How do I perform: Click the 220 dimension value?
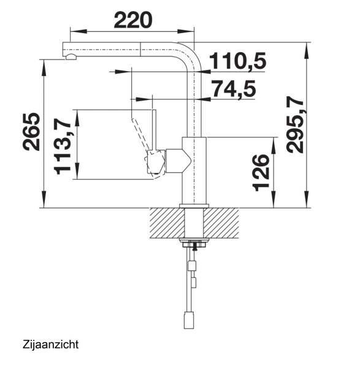(x=132, y=21)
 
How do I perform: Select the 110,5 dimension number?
(x=237, y=61)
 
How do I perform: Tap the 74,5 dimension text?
(x=233, y=89)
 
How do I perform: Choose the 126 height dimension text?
(x=261, y=173)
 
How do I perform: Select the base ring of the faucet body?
(x=194, y=205)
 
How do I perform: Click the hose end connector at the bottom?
(x=190, y=320)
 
